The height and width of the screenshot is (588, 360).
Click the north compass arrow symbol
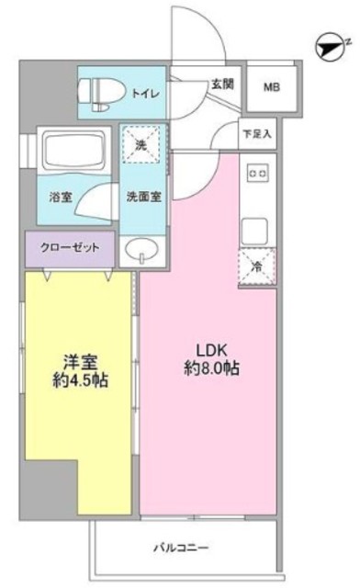click(330, 48)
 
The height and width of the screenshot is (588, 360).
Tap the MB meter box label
click(272, 87)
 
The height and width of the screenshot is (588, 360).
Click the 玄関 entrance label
click(223, 84)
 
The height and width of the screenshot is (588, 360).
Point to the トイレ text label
click(145, 94)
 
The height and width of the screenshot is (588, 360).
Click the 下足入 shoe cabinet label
click(257, 134)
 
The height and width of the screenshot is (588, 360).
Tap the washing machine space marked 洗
click(141, 145)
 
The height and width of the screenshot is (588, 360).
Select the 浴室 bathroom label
click(61, 197)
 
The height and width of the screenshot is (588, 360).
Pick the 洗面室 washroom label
click(143, 197)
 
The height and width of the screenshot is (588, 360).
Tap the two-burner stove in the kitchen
click(258, 174)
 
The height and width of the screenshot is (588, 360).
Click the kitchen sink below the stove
click(254, 231)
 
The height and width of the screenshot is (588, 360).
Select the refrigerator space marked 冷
click(257, 266)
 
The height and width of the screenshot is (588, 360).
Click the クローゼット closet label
click(70, 247)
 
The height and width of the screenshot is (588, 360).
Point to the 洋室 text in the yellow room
click(80, 362)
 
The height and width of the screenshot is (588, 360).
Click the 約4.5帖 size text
click(80, 380)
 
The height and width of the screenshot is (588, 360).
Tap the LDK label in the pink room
click(212, 350)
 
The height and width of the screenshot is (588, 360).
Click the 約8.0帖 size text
click(212, 368)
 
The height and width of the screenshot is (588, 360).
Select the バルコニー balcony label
click(181, 548)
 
